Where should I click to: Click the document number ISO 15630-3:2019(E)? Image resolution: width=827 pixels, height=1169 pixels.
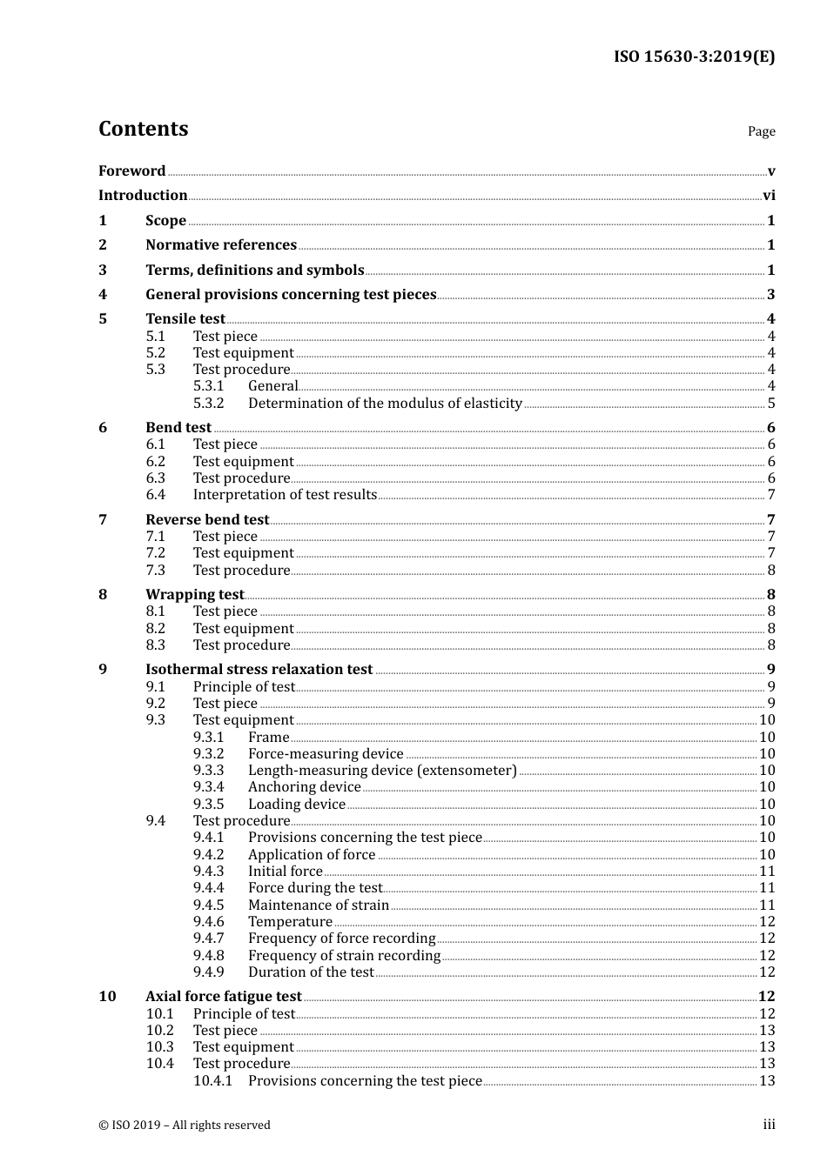tap(694, 57)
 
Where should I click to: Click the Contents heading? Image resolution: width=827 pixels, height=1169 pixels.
tap(143, 129)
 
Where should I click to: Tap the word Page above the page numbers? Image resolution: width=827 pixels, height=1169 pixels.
tap(761, 131)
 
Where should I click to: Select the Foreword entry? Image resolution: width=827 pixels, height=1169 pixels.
tap(131, 170)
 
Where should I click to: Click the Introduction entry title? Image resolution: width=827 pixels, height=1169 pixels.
tap(143, 196)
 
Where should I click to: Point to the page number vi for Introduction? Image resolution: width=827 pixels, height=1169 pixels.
tap(769, 196)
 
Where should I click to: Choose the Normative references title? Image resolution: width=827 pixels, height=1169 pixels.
tap(221, 245)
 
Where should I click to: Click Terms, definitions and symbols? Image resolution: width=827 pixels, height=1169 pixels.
tap(254, 271)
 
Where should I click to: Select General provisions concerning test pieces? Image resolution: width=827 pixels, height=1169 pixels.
tap(291, 295)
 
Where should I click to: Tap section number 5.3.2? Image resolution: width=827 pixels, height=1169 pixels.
tap(208, 404)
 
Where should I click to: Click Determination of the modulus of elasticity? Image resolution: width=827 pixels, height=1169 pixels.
tap(385, 404)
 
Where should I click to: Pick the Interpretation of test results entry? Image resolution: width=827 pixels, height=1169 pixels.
tap(285, 495)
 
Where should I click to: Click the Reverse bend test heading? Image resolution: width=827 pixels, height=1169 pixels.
tap(207, 520)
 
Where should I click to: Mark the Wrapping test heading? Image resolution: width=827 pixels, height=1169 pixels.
tap(194, 595)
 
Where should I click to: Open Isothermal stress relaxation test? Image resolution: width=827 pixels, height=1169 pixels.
tap(259, 670)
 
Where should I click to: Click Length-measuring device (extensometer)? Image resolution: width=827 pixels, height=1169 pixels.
tap(382, 771)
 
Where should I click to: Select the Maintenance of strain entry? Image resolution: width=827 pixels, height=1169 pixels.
tap(319, 905)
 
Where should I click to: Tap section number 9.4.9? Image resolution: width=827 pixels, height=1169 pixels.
tap(208, 972)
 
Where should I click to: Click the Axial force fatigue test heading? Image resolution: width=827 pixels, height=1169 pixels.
tap(223, 997)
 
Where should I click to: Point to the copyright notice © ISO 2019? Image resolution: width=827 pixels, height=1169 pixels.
tap(184, 1126)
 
